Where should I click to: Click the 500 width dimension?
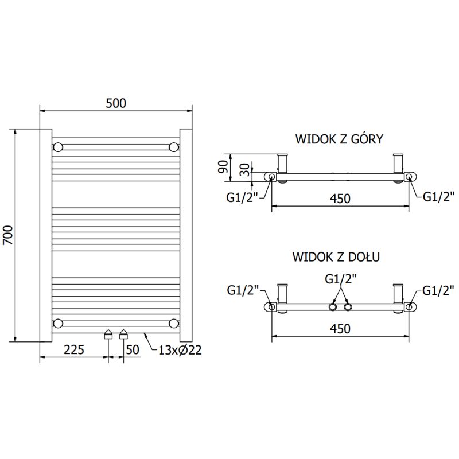coord(115,103)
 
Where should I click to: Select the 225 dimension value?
coord(74,349)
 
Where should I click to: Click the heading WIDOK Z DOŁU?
coord(336,256)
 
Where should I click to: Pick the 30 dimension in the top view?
coord(245,170)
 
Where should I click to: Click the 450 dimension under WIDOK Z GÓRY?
coord(340,198)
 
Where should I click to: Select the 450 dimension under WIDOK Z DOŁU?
coord(340,328)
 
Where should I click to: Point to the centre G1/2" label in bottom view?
coord(341,279)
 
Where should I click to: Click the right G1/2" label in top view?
coord(439,197)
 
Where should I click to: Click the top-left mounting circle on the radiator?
coord(58,147)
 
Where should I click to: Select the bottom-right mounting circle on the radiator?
coord(173,323)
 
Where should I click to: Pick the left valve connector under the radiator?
coord(108,336)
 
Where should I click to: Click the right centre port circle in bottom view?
coord(347,308)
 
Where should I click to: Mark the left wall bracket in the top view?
coord(282,165)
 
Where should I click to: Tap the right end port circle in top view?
coord(409,177)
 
